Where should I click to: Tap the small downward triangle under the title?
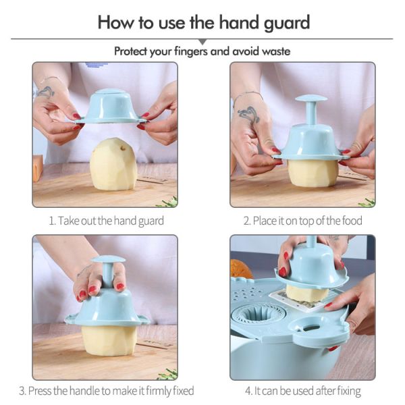click(202, 42)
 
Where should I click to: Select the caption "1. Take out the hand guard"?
click(106, 221)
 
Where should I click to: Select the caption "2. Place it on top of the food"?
click(302, 221)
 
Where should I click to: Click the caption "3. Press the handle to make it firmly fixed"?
click(106, 391)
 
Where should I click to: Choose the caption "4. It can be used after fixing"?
click(302, 391)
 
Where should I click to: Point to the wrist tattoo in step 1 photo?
click(45, 90)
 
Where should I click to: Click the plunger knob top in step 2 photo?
click(310, 99)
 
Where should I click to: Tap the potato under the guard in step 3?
click(109, 340)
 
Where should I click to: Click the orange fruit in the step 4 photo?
click(242, 269)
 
